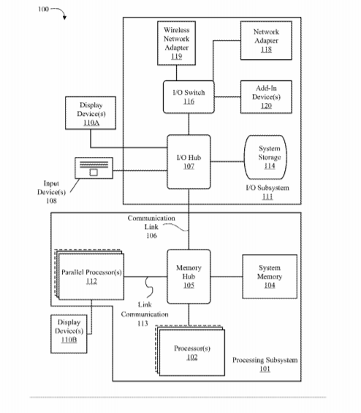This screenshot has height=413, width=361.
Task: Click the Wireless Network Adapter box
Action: point(176,43)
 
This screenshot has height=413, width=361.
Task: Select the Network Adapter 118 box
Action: point(266,41)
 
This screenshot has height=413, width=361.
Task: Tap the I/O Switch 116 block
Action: point(189,97)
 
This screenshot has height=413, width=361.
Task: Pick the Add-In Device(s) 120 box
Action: point(266,97)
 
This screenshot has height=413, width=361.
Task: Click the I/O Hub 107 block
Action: point(189,162)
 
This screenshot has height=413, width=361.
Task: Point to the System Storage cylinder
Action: point(265,157)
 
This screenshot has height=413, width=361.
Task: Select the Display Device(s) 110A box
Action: point(91,113)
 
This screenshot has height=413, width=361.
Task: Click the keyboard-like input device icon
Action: point(94,168)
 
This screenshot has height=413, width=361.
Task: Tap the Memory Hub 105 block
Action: point(189,277)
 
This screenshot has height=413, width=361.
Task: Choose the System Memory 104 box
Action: point(270,277)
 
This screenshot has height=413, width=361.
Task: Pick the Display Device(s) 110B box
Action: point(69,333)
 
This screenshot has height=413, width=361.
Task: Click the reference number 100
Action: point(44,9)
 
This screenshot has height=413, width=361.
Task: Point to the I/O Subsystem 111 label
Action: point(267,192)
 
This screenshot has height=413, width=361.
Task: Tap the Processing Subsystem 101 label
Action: point(265,364)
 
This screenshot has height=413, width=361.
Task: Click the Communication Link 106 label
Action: point(151,227)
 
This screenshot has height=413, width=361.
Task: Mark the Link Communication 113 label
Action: point(145,314)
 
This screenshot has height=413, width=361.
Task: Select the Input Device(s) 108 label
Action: point(51,192)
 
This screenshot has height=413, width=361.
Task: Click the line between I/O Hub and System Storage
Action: point(227,161)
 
